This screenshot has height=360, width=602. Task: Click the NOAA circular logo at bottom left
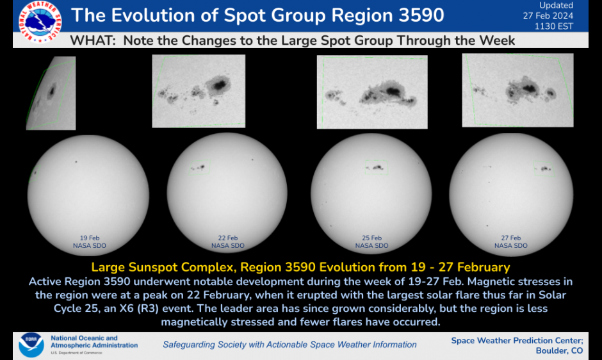tap(31, 345)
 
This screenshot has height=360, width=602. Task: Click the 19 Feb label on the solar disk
tap(90, 238)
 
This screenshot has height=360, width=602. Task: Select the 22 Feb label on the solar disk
tap(228, 238)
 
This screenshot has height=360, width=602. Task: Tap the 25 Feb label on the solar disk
tap(371, 238)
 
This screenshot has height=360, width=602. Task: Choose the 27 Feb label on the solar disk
tap(511, 238)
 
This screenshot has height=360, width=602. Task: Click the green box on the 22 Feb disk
tap(200, 167)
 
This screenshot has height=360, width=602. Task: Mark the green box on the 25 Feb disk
tap(376, 167)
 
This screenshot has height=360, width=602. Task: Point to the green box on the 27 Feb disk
tap(544, 168)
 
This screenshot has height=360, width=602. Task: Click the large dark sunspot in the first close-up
tap(51, 90)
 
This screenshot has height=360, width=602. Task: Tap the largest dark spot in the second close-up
tap(220, 83)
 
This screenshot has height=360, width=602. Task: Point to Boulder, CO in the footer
tap(558, 350)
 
